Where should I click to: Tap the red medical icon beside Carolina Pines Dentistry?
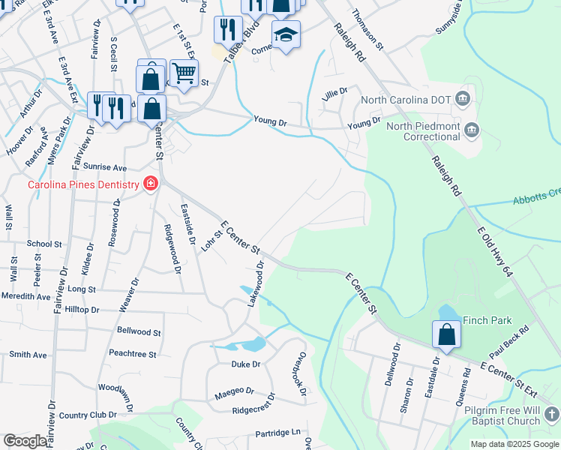click(151, 184)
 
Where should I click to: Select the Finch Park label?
click(487, 320)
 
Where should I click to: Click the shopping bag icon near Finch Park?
click(446, 334)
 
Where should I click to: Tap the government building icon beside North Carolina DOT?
click(463, 99)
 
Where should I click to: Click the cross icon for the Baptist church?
click(551, 414)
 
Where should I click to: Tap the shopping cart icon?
click(183, 73)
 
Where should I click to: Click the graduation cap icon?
click(286, 34)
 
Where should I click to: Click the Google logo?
click(25, 441)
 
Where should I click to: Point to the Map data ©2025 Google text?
click(514, 444)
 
